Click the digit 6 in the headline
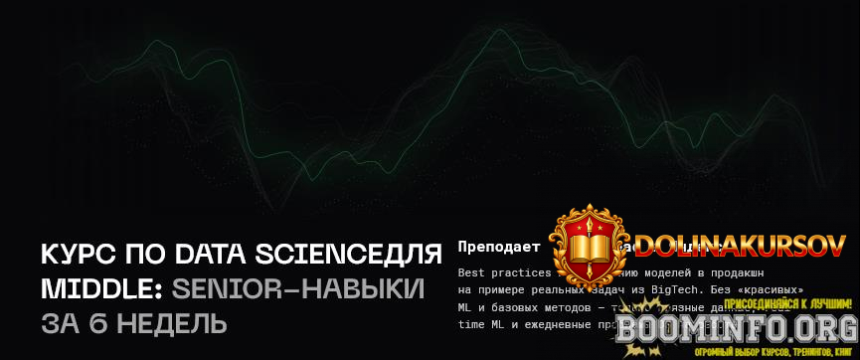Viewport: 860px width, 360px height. (100, 324)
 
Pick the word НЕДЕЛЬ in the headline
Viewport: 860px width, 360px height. (173, 324)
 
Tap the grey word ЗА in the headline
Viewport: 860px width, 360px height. (59, 324)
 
